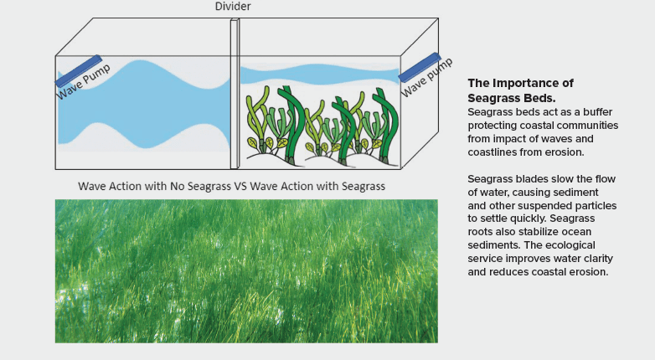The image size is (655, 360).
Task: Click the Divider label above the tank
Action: pyautogui.click(x=234, y=8)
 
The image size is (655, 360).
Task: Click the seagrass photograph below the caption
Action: pyautogui.click(x=245, y=270)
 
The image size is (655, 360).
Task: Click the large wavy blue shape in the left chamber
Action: pyautogui.click(x=142, y=109)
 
